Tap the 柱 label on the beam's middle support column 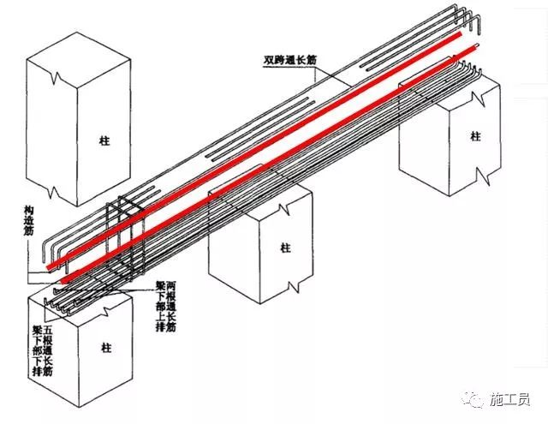coord(259,248)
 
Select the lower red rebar coord(257,193)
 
